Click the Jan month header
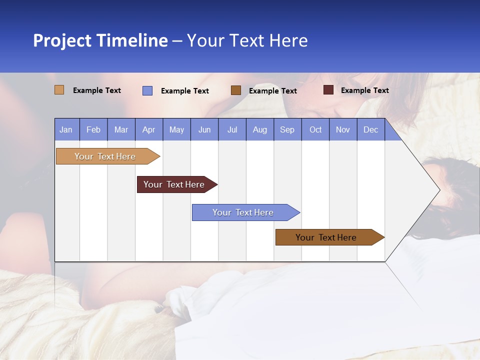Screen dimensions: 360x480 coord(66,129)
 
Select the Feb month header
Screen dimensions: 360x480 coord(93,129)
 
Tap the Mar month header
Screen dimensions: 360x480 coord(121,129)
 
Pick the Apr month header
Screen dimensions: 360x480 coord(149,129)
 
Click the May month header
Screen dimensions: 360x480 coord(176,129)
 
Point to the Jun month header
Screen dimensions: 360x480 coord(204,129)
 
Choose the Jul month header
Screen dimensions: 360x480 coord(232,129)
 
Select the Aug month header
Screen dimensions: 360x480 coord(260,129)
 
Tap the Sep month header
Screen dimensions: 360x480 coord(287,129)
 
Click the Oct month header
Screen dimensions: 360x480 coord(315,129)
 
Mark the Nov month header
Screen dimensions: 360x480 coord(343,129)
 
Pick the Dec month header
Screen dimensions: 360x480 coord(371,129)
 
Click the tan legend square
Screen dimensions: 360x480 coord(59,90)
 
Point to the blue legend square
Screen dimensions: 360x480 coord(147,90)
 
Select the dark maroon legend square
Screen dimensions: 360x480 coord(328,90)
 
